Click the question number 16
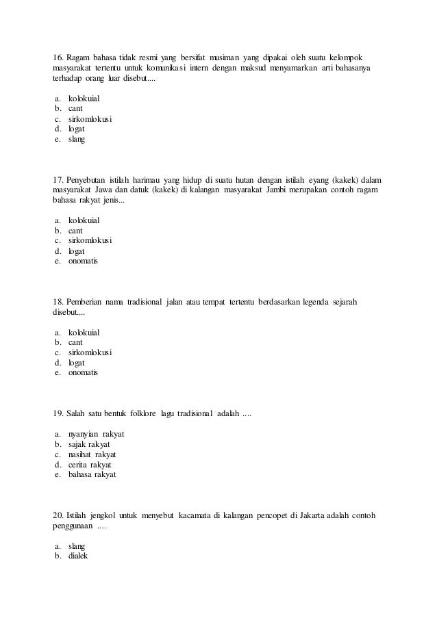(59, 55)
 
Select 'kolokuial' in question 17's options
(84, 220)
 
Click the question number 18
(59, 302)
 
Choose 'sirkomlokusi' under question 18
(90, 352)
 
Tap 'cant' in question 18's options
(76, 342)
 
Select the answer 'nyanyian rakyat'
(96, 435)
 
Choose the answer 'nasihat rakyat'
(92, 454)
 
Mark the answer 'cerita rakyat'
(90, 465)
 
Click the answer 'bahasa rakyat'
(92, 474)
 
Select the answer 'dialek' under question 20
(79, 556)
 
